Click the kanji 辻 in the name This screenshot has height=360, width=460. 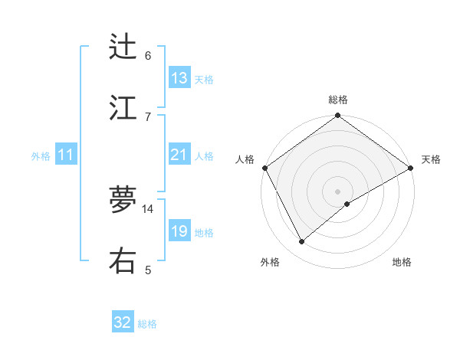pyautogui.click(x=123, y=47)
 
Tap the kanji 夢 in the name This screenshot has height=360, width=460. pyautogui.click(x=123, y=199)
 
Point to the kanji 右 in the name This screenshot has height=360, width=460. pyautogui.click(x=123, y=260)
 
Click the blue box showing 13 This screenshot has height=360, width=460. pyautogui.click(x=179, y=78)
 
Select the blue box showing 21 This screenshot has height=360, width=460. pyautogui.click(x=179, y=155)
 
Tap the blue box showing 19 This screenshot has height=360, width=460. pyautogui.click(x=179, y=231)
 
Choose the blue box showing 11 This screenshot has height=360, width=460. pyautogui.click(x=66, y=155)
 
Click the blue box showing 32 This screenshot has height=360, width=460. pyautogui.click(x=123, y=322)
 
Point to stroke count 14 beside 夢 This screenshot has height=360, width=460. pyautogui.click(x=148, y=208)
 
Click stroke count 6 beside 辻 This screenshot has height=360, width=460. pyautogui.click(x=148, y=56)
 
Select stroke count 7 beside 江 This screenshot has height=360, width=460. pyautogui.click(x=148, y=116)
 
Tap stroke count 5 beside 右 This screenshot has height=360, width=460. pyautogui.click(x=148, y=270)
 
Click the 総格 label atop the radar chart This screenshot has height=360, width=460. pyautogui.click(x=338, y=100)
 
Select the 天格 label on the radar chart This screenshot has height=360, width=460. pyautogui.click(x=431, y=159)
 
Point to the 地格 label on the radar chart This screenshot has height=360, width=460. pyautogui.click(x=402, y=262)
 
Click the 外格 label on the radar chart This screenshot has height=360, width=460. pyautogui.click(x=270, y=262)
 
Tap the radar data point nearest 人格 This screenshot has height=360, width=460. pyautogui.click(x=264, y=168)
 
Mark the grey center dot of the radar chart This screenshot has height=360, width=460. pyautogui.click(x=337, y=191)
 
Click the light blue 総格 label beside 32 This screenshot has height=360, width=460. pyautogui.click(x=147, y=324)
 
